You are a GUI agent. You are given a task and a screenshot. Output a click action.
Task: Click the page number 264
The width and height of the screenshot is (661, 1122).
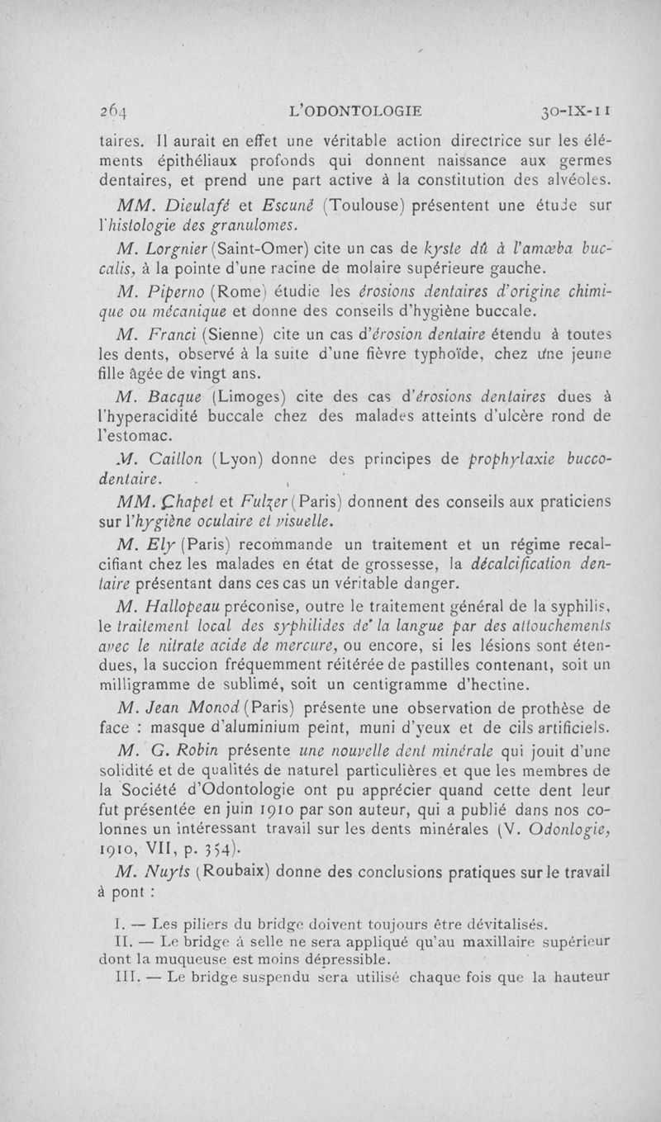(x=111, y=110)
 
